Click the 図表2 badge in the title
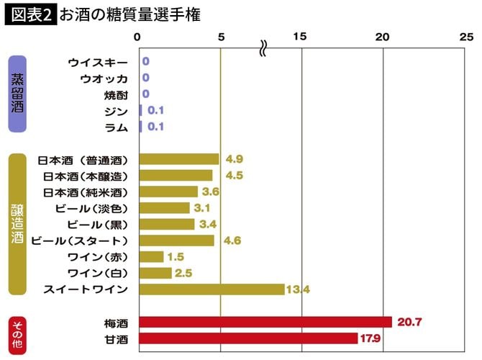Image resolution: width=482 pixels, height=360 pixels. pos(31,14)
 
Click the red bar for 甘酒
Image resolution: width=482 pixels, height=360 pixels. pos(247,338)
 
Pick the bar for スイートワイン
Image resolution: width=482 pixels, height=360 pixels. pos(212,289)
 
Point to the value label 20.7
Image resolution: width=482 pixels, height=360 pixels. pos(409,322)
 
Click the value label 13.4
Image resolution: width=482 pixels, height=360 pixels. pos(297,289)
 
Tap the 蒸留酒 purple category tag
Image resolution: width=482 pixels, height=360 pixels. pos(17,94)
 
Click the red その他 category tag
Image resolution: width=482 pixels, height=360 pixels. pos(17,330)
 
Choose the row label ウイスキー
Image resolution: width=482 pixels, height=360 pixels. pos(98,62)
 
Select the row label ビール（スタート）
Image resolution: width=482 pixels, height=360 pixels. pos(80,240)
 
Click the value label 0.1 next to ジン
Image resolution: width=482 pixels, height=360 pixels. pos(156,110)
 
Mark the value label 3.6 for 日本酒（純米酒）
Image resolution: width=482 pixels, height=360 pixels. pos(211,192)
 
